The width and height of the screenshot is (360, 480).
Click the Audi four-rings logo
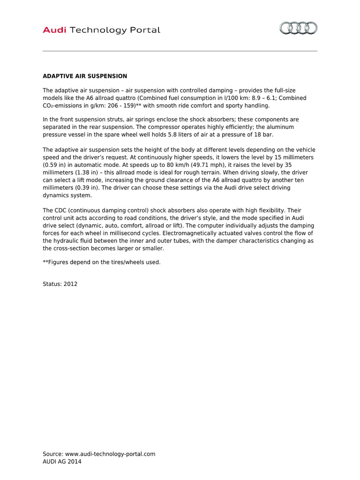click(298, 29)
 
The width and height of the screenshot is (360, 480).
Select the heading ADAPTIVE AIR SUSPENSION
click(85, 76)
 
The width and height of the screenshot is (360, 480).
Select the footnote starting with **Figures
click(101, 262)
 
